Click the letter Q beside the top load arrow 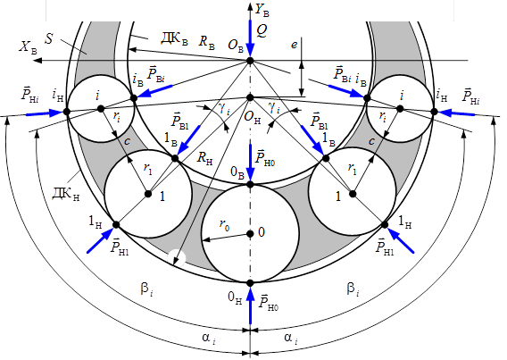click(x=262, y=31)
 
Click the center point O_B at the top click(x=250, y=61)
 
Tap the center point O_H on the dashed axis click(x=250, y=97)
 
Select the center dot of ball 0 click(x=250, y=233)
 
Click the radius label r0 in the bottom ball click(x=224, y=224)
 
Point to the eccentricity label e click(x=294, y=45)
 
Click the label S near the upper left click(x=49, y=38)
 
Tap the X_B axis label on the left click(x=28, y=47)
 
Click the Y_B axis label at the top click(x=262, y=11)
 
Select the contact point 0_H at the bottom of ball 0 click(x=250, y=283)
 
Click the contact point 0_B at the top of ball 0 click(x=250, y=184)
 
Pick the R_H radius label click(x=204, y=159)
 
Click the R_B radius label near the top click(x=206, y=42)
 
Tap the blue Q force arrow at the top click(x=250, y=38)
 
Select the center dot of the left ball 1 click(x=148, y=194)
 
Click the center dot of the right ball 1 click(x=353, y=194)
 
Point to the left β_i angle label click(x=147, y=289)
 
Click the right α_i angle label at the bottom click(x=291, y=339)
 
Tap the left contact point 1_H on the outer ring click(x=116, y=225)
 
